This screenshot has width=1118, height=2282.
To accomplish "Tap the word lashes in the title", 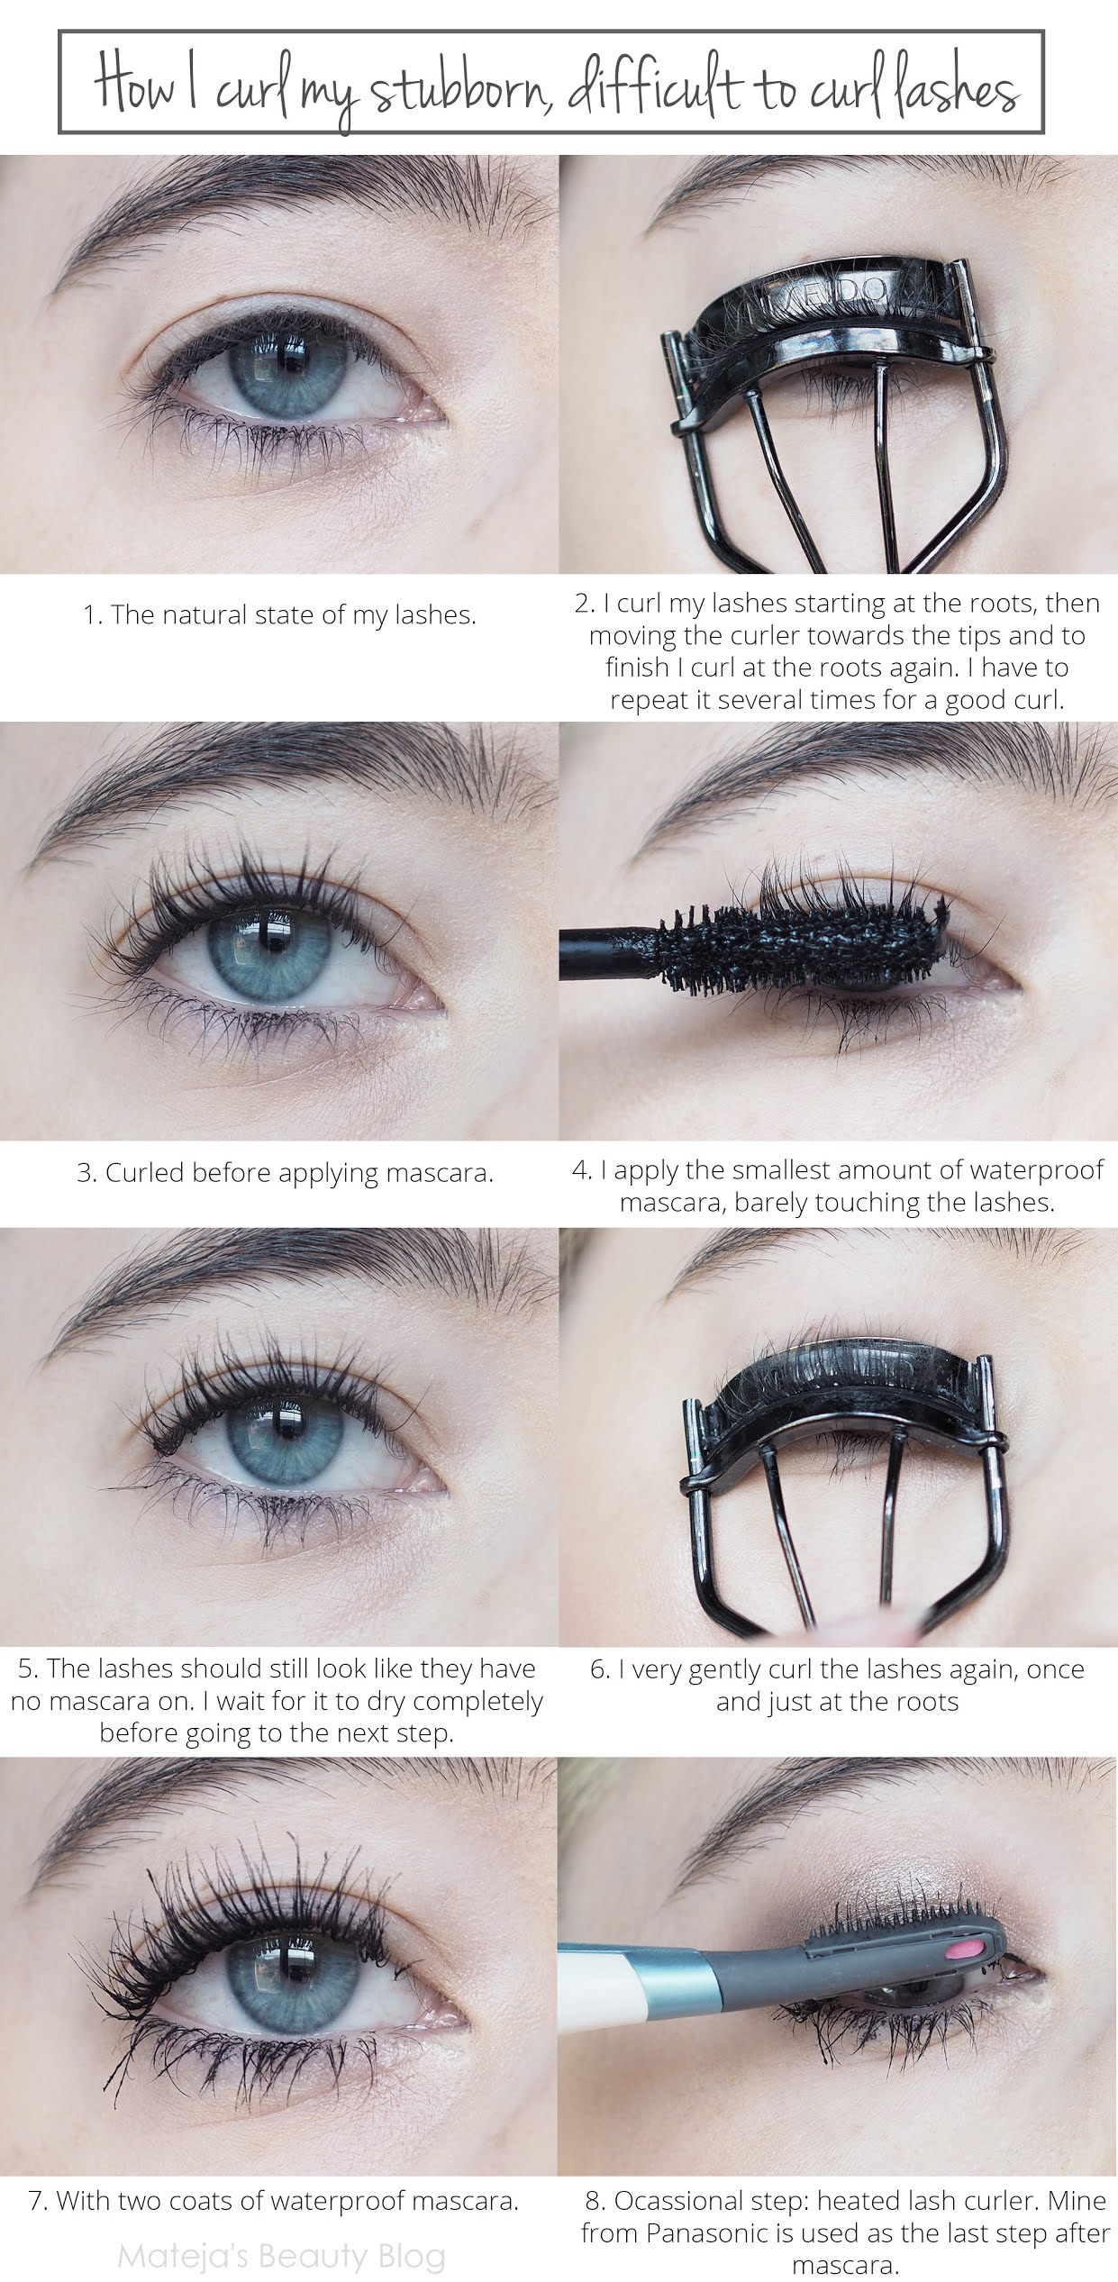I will [x=955, y=88].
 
